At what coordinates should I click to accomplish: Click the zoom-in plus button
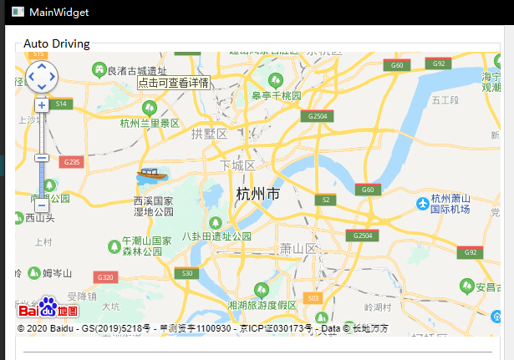[x=41, y=105]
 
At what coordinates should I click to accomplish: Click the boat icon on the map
[x=150, y=175]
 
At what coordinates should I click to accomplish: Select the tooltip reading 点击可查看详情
[x=174, y=83]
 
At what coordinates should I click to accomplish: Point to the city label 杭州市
[x=258, y=195]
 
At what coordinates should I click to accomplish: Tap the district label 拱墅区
[x=209, y=134]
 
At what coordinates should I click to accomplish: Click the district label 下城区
[x=237, y=165]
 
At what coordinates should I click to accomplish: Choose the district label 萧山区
[x=298, y=249]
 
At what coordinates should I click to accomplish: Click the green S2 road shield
[x=327, y=200]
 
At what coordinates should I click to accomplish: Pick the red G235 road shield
[x=71, y=162]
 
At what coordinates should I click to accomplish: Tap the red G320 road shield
[x=105, y=277]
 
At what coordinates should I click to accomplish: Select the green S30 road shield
[x=188, y=273]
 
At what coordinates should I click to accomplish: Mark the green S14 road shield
[x=60, y=104]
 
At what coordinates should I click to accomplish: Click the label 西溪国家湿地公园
[x=153, y=206]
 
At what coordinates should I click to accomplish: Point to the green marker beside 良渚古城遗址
[x=99, y=70]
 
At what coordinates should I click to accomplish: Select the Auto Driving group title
[x=56, y=43]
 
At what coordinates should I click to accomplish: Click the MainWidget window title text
[x=59, y=13]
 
